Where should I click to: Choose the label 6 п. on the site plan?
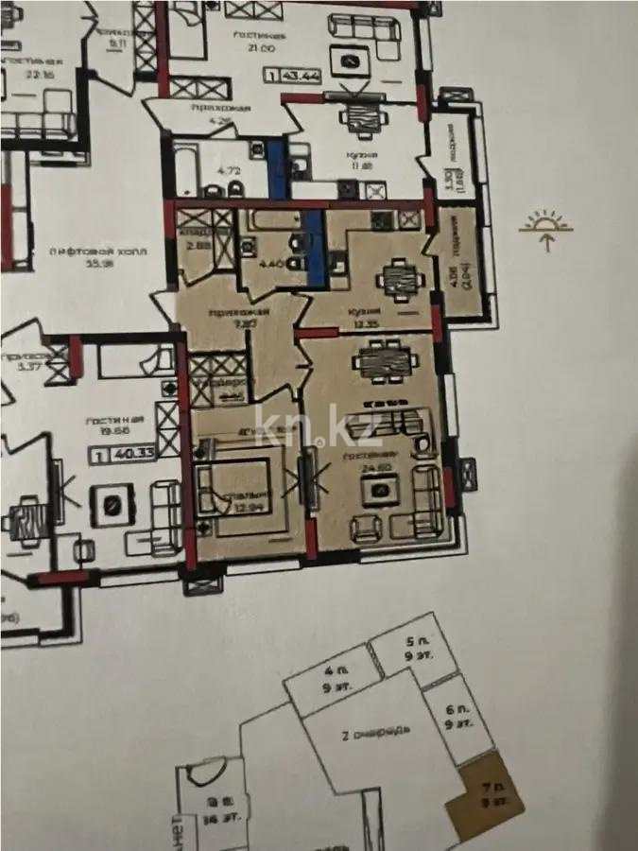tap(460, 716)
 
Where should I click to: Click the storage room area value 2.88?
tap(198, 245)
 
